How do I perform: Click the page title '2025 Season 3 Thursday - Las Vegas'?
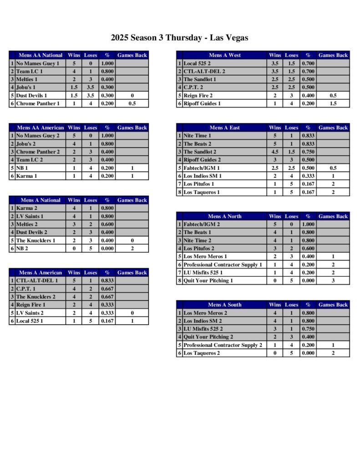[179, 38]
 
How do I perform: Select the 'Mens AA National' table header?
[40, 56]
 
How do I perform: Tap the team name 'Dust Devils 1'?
[31, 96]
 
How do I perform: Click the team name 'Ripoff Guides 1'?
[202, 104]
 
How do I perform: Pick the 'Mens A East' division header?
[224, 128]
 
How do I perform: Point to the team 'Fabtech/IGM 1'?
[201, 168]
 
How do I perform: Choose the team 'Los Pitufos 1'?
[198, 184]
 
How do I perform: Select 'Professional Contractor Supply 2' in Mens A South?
[223, 345]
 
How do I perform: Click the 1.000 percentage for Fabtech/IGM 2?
[308, 224]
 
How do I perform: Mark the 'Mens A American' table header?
[40, 273]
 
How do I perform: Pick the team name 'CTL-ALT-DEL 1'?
[37, 281]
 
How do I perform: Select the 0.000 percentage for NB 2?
[107, 248]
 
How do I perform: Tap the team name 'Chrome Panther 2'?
[38, 152]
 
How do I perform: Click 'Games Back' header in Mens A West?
[333, 56]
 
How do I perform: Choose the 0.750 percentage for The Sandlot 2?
[308, 152]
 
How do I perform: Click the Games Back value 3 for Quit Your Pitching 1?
[333, 281]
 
